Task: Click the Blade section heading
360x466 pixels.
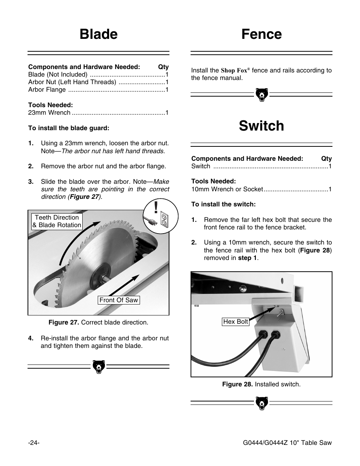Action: click(98, 34)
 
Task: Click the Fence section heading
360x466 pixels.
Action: click(261, 34)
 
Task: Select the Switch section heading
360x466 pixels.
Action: click(261, 126)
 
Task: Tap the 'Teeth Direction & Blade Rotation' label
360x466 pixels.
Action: click(57, 221)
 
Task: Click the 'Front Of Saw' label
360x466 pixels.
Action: click(118, 300)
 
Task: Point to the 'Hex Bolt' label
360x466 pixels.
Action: click(235, 321)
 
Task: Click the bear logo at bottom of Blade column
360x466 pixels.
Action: click(98, 367)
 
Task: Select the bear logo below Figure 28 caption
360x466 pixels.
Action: click(261, 403)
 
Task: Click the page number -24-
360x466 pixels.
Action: click(34, 443)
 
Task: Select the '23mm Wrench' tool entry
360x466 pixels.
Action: click(49, 113)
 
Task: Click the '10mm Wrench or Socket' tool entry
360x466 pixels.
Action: click(227, 189)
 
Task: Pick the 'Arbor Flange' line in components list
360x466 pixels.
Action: click(47, 90)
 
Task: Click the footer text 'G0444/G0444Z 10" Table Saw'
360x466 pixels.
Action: click(287, 443)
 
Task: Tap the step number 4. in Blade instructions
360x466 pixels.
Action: click(31, 338)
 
